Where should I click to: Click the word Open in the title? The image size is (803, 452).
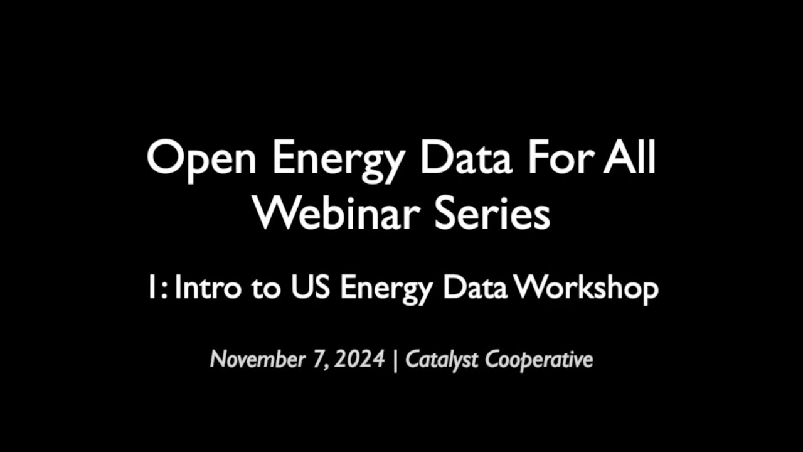[201, 159]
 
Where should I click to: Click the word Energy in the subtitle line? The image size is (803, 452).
[383, 289]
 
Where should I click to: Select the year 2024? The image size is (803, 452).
[359, 360]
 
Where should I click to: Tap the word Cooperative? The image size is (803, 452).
[539, 360]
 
